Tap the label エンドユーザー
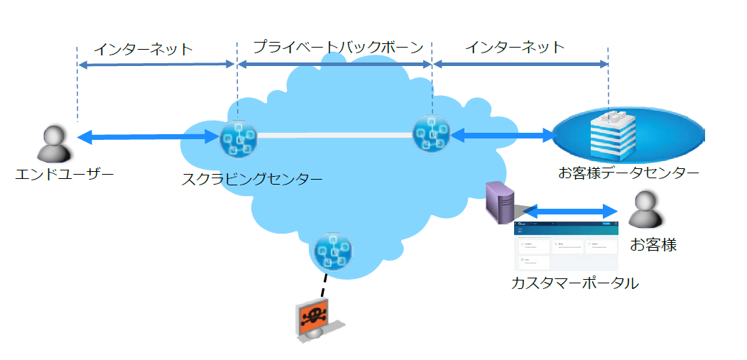tap(65, 174)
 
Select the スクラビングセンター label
tap(251, 179)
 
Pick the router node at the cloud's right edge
tap(431, 133)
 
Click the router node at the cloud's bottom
tap(332, 251)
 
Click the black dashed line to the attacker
tap(323, 285)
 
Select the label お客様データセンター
tap(629, 173)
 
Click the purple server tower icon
tap(500, 202)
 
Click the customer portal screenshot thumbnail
tap(566, 246)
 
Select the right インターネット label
tap(516, 48)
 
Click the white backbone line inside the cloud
tap(334, 134)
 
